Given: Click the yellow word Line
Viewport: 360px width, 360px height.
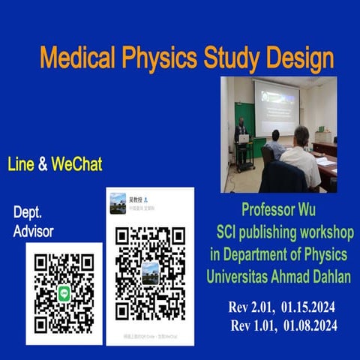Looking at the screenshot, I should coord(21,163).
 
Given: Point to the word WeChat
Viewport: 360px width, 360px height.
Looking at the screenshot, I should coord(76,163).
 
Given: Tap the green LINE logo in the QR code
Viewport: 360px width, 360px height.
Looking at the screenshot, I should coord(64,293).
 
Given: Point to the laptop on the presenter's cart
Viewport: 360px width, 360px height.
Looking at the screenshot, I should coord(244,138).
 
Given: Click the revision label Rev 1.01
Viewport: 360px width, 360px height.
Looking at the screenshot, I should coord(252,326).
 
